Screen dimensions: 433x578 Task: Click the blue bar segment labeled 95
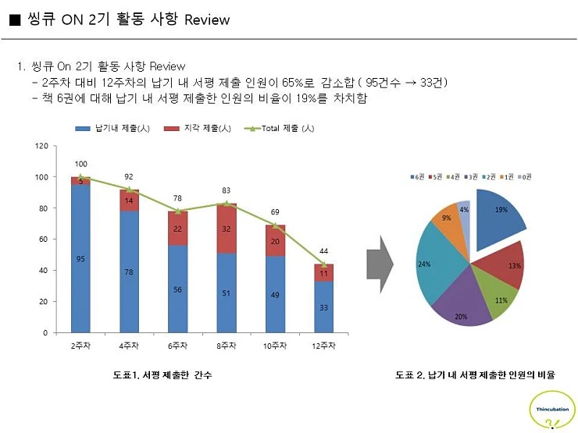(x=80, y=258)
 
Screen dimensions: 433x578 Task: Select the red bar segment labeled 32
(x=227, y=229)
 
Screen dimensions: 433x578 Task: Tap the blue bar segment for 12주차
(x=324, y=307)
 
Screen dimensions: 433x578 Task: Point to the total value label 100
(x=80, y=164)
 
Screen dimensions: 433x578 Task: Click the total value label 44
(x=324, y=250)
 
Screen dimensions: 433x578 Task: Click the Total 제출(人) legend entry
(x=280, y=128)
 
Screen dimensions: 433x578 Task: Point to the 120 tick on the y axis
(x=41, y=146)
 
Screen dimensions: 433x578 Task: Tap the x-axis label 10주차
(x=275, y=346)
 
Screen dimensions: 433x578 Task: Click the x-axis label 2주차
(x=80, y=346)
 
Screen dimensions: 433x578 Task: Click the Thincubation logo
(x=551, y=410)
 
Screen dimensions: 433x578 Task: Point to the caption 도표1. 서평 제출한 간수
(x=162, y=375)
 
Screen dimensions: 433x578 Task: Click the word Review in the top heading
(x=207, y=20)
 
